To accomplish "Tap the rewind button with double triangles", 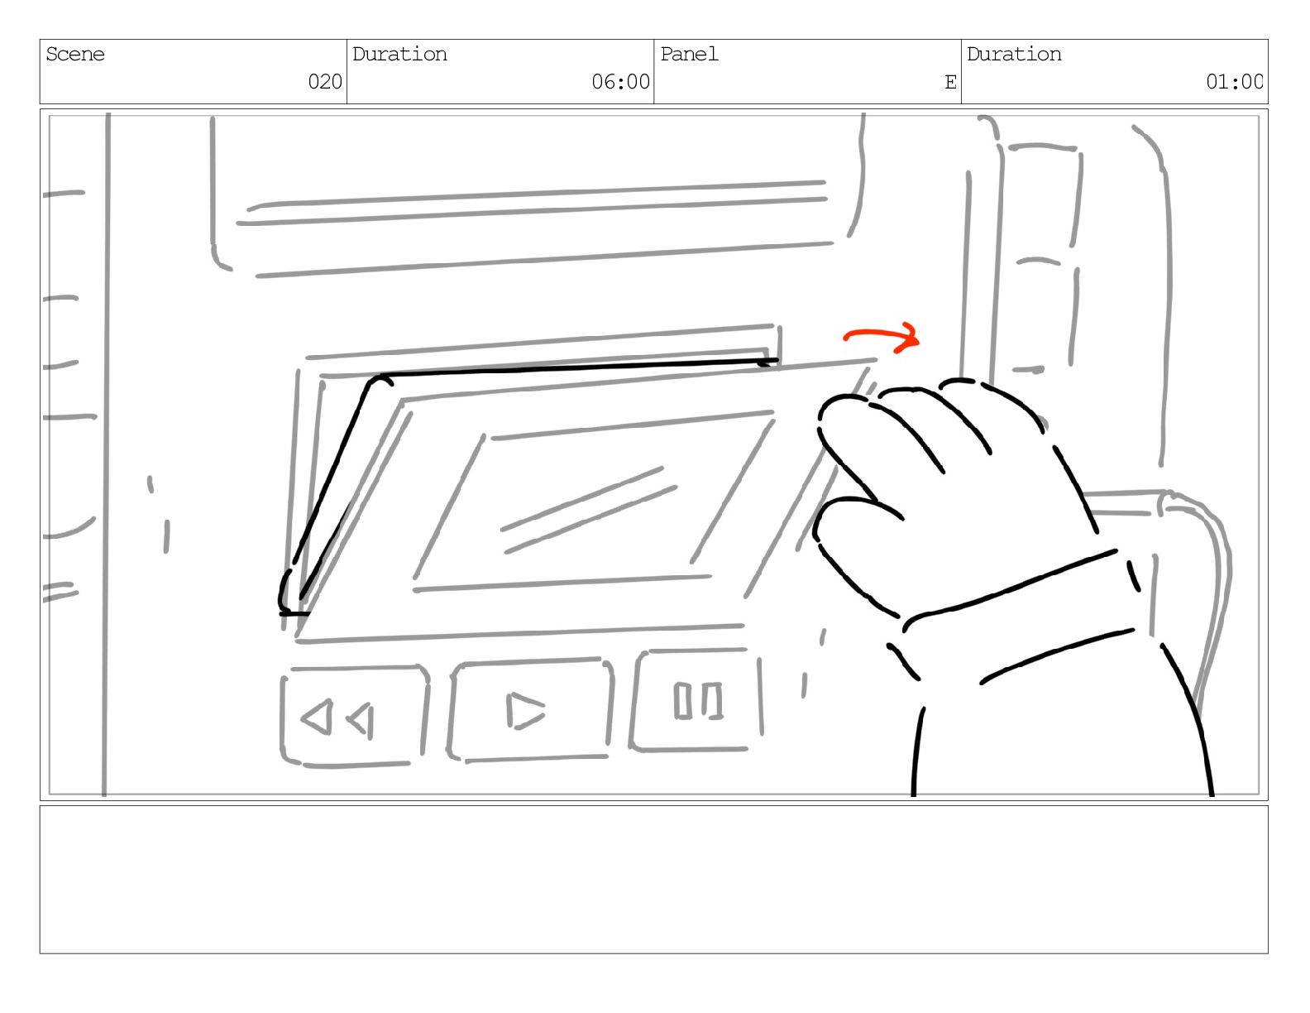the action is pyautogui.click(x=355, y=716).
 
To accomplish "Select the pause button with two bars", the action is pyautogui.click(x=696, y=700).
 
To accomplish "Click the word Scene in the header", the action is pyautogui.click(x=74, y=55).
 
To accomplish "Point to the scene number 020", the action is pyautogui.click(x=324, y=81).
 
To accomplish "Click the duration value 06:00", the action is pyautogui.click(x=620, y=81).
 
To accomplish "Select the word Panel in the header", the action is pyautogui.click(x=689, y=55).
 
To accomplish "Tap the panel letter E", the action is pyautogui.click(x=951, y=82).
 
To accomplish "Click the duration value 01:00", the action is pyautogui.click(x=1234, y=81).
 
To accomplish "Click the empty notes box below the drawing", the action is pyautogui.click(x=654, y=880).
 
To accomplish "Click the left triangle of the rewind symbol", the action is pyautogui.click(x=317, y=717).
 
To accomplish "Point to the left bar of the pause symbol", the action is pyautogui.click(x=682, y=700).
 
